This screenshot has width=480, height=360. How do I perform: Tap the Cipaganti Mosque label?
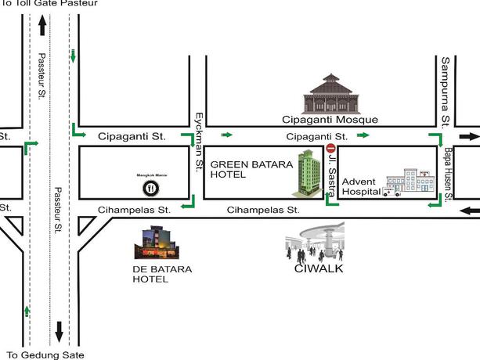click(330, 120)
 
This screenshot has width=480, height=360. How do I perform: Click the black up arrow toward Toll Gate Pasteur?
click(42, 30)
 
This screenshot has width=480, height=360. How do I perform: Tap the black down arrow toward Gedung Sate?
click(58, 331)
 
